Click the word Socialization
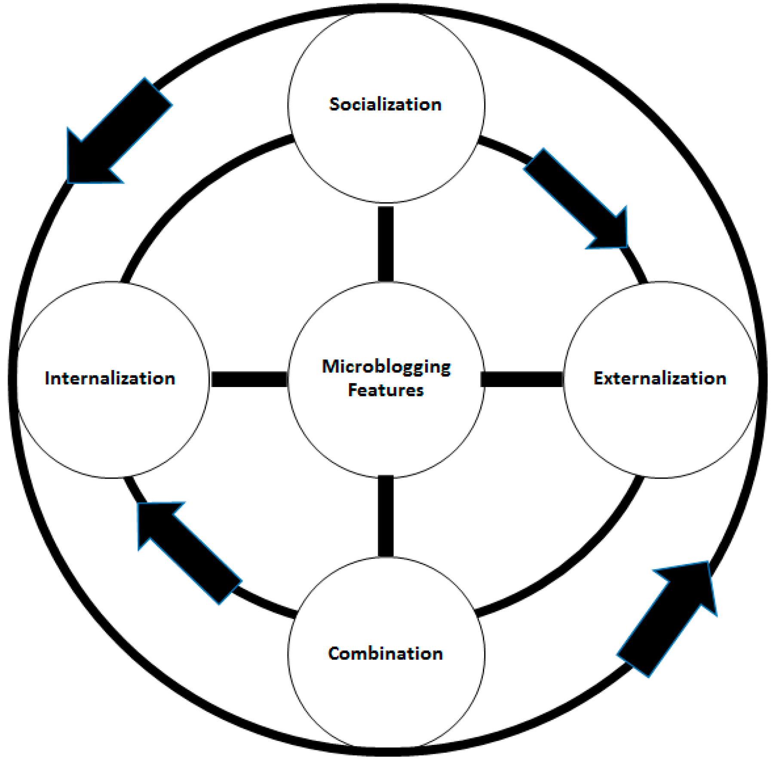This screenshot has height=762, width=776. (x=385, y=104)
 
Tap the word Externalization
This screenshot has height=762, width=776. (x=659, y=378)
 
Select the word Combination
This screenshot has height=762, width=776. (x=385, y=653)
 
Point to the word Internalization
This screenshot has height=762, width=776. (x=110, y=378)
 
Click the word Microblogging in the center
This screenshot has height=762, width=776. (x=386, y=366)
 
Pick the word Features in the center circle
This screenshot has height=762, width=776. (x=386, y=390)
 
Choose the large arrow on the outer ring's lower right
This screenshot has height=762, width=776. (x=666, y=619)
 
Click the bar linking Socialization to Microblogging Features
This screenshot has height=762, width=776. (x=386, y=244)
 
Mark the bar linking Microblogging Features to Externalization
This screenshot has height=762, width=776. (x=523, y=379)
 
